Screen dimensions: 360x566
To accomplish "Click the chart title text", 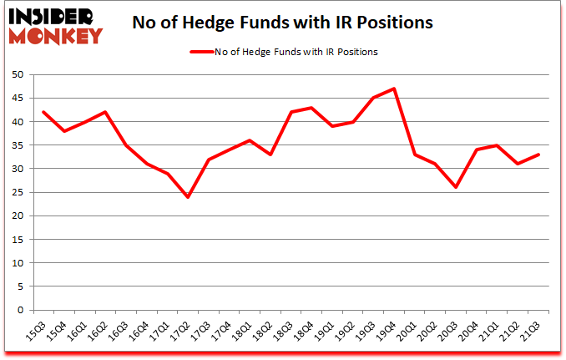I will point(282,23).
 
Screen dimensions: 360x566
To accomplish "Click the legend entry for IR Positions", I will point(284,52).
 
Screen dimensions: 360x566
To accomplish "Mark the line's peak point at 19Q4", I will point(393,89).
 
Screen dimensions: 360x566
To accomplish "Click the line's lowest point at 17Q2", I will point(188,197).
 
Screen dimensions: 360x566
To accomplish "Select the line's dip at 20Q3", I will point(456,187).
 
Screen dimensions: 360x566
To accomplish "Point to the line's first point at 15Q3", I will point(43,112).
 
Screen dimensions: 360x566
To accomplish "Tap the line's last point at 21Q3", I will point(538,155).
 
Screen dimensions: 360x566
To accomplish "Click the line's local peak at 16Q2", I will point(105,112).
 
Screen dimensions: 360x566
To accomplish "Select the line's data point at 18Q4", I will point(311,107).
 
